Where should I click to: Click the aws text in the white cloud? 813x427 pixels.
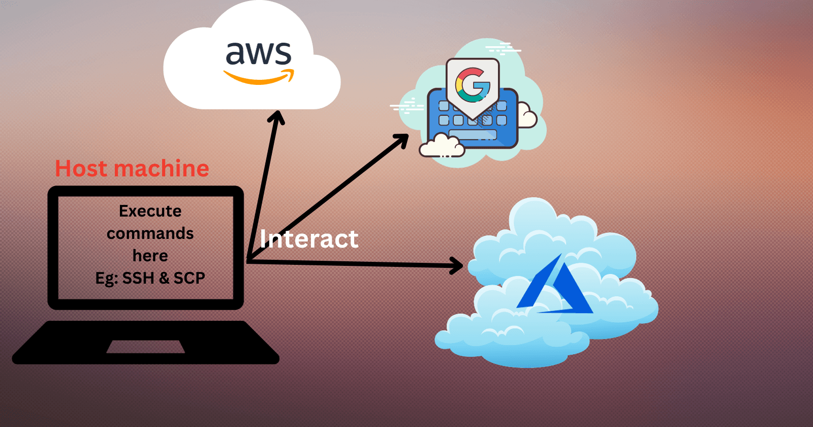coord(258,53)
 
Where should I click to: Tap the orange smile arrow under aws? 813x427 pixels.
coord(259,78)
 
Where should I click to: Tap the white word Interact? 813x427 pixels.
coord(309,239)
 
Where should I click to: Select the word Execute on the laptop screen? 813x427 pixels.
coord(150,211)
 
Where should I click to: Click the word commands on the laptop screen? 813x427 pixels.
coord(150,233)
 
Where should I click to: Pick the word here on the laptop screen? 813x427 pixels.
coord(150,256)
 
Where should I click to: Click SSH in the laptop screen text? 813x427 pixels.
coord(138,278)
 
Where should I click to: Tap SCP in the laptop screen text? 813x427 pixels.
coord(189,278)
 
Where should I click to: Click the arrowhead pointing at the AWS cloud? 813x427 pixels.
coord(276,117)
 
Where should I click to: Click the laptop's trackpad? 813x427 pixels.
coord(145,347)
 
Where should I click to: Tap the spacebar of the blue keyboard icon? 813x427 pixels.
coord(473,135)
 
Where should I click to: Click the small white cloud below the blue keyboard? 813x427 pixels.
coord(442,146)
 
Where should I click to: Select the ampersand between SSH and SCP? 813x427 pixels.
coord(164,278)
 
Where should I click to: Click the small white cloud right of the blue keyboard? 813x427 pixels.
coord(526,117)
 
